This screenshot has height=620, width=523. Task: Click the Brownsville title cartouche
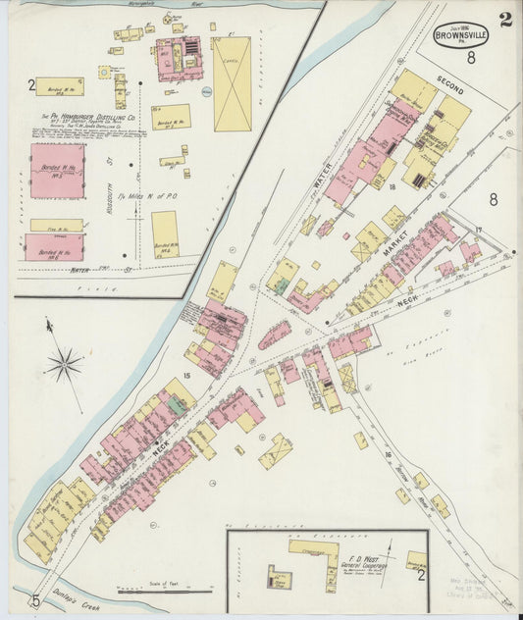(x=463, y=35)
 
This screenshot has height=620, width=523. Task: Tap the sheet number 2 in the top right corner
(x=504, y=20)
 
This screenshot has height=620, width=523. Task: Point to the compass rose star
(x=64, y=365)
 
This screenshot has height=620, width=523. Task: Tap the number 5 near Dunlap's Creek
(x=35, y=601)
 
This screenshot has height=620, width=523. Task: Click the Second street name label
(x=450, y=85)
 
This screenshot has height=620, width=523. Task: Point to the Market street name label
(x=395, y=244)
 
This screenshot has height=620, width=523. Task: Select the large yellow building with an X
(x=232, y=84)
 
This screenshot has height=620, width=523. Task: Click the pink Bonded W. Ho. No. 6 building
(x=54, y=246)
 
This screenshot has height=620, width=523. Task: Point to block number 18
(x=391, y=184)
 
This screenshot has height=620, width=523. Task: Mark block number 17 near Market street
(x=479, y=231)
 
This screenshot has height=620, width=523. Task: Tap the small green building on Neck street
(x=176, y=405)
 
